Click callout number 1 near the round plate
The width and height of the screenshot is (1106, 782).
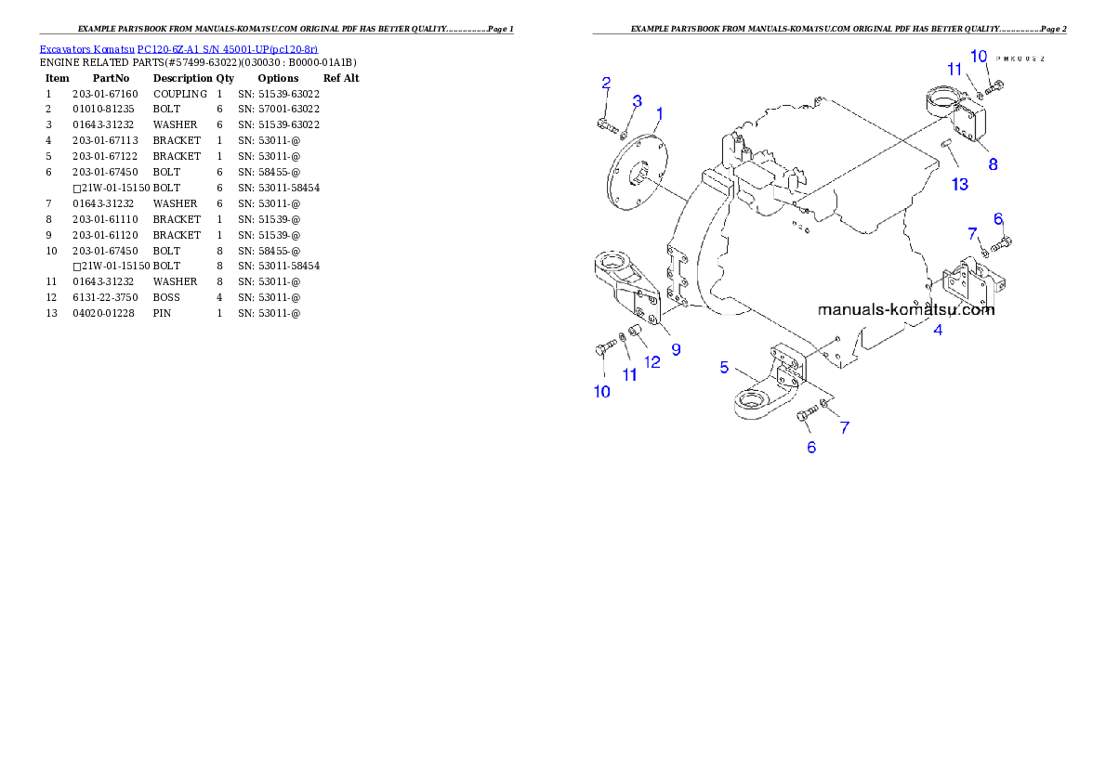(x=659, y=113)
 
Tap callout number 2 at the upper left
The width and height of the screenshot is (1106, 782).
(x=606, y=84)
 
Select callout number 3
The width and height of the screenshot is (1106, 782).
(x=638, y=100)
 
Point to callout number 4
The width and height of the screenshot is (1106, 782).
(x=938, y=330)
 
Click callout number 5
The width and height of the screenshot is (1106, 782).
(x=725, y=367)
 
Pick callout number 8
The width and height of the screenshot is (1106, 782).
(x=993, y=164)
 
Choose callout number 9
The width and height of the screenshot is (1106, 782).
(x=676, y=349)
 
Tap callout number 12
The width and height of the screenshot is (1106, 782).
(x=652, y=362)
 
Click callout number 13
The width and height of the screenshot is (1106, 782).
(x=959, y=184)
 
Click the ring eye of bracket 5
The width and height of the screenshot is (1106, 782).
(x=751, y=403)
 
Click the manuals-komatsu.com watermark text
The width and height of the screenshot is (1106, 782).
(x=906, y=310)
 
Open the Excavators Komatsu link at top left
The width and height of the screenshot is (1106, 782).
(x=178, y=48)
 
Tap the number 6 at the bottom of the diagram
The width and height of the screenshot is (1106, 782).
(x=811, y=447)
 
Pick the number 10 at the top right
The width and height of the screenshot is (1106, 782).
(x=979, y=57)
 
